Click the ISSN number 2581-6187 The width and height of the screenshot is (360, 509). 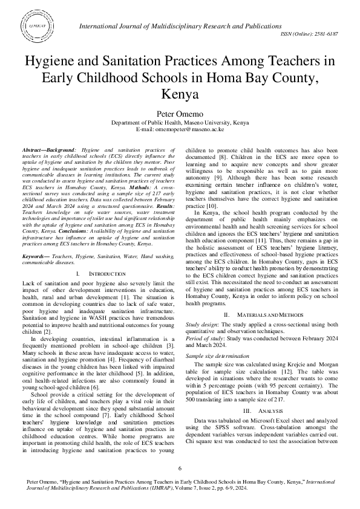pos(328,35)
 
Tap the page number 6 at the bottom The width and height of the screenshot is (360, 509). pos(180,469)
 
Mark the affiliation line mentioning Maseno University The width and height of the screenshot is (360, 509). pos(180,122)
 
